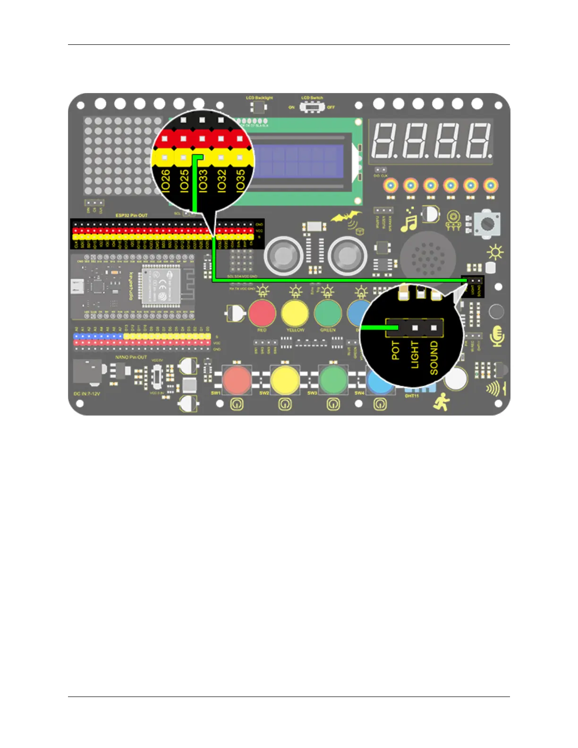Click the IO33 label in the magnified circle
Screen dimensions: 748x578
coord(203,180)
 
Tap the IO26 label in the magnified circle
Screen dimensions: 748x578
coord(166,180)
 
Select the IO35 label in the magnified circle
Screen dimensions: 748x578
coord(240,180)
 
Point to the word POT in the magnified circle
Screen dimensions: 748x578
coord(396,350)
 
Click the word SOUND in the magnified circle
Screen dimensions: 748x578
coord(433,358)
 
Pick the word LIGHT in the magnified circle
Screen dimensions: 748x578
coord(415,355)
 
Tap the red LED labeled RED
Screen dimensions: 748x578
coord(262,313)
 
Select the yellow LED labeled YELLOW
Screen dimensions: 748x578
coord(295,313)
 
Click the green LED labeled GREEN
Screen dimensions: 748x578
coord(328,313)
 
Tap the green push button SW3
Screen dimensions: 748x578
coord(333,379)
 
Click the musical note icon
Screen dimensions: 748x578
coord(408,220)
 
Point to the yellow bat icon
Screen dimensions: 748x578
coord(346,218)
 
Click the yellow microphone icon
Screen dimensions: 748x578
coord(497,336)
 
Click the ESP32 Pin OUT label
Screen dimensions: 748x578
coord(131,215)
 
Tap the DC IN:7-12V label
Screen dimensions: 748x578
coord(87,393)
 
